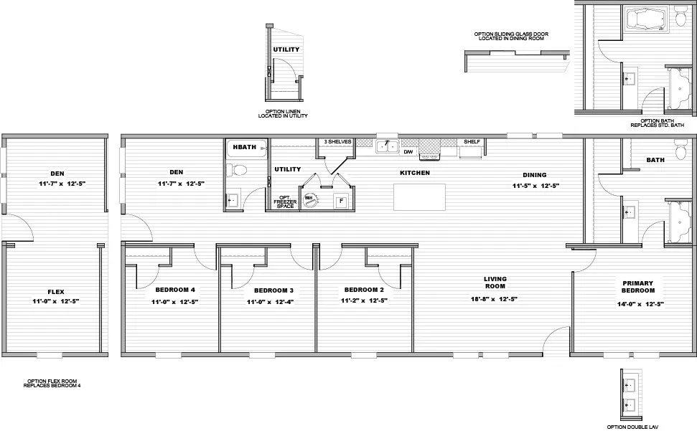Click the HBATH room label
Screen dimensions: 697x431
[x=245, y=147]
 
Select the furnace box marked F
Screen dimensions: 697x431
[x=341, y=201]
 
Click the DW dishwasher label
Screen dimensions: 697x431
[x=408, y=152]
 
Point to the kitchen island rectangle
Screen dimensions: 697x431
[x=419, y=197]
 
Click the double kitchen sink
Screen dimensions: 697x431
[x=387, y=146]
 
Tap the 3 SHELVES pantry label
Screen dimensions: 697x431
[x=337, y=141]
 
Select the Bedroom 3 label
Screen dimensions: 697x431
[x=273, y=290]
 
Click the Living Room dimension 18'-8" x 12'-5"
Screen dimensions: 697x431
[x=494, y=299]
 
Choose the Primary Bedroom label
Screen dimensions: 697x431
[x=638, y=287]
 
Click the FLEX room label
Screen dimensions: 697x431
[x=56, y=292]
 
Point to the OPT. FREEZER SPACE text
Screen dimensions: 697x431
[x=286, y=202]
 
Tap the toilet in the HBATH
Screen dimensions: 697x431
[x=236, y=170]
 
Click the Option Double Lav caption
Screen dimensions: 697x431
[x=632, y=427]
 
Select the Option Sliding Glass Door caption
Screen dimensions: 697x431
[x=511, y=37]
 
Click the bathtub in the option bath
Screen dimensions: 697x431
[x=646, y=19]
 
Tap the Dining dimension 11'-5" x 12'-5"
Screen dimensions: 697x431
[x=535, y=186]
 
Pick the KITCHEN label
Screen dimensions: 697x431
[x=415, y=173]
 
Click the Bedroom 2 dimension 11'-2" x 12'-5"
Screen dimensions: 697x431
[x=364, y=300]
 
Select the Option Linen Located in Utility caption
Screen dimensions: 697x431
[x=283, y=113]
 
